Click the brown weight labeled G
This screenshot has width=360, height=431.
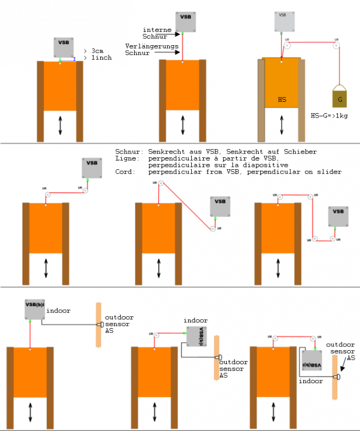(340, 98)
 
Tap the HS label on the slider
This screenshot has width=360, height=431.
(282, 100)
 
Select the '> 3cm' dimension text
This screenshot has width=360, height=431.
(97, 51)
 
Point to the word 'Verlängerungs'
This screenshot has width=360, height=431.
(145, 46)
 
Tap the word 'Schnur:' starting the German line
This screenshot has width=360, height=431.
(128, 151)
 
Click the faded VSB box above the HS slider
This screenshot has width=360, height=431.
(283, 19)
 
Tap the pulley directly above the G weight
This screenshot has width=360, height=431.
(336, 46)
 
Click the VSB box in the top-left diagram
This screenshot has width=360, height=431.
(64, 46)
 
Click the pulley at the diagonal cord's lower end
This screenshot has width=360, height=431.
(213, 229)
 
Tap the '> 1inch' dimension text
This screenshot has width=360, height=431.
(99, 57)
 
